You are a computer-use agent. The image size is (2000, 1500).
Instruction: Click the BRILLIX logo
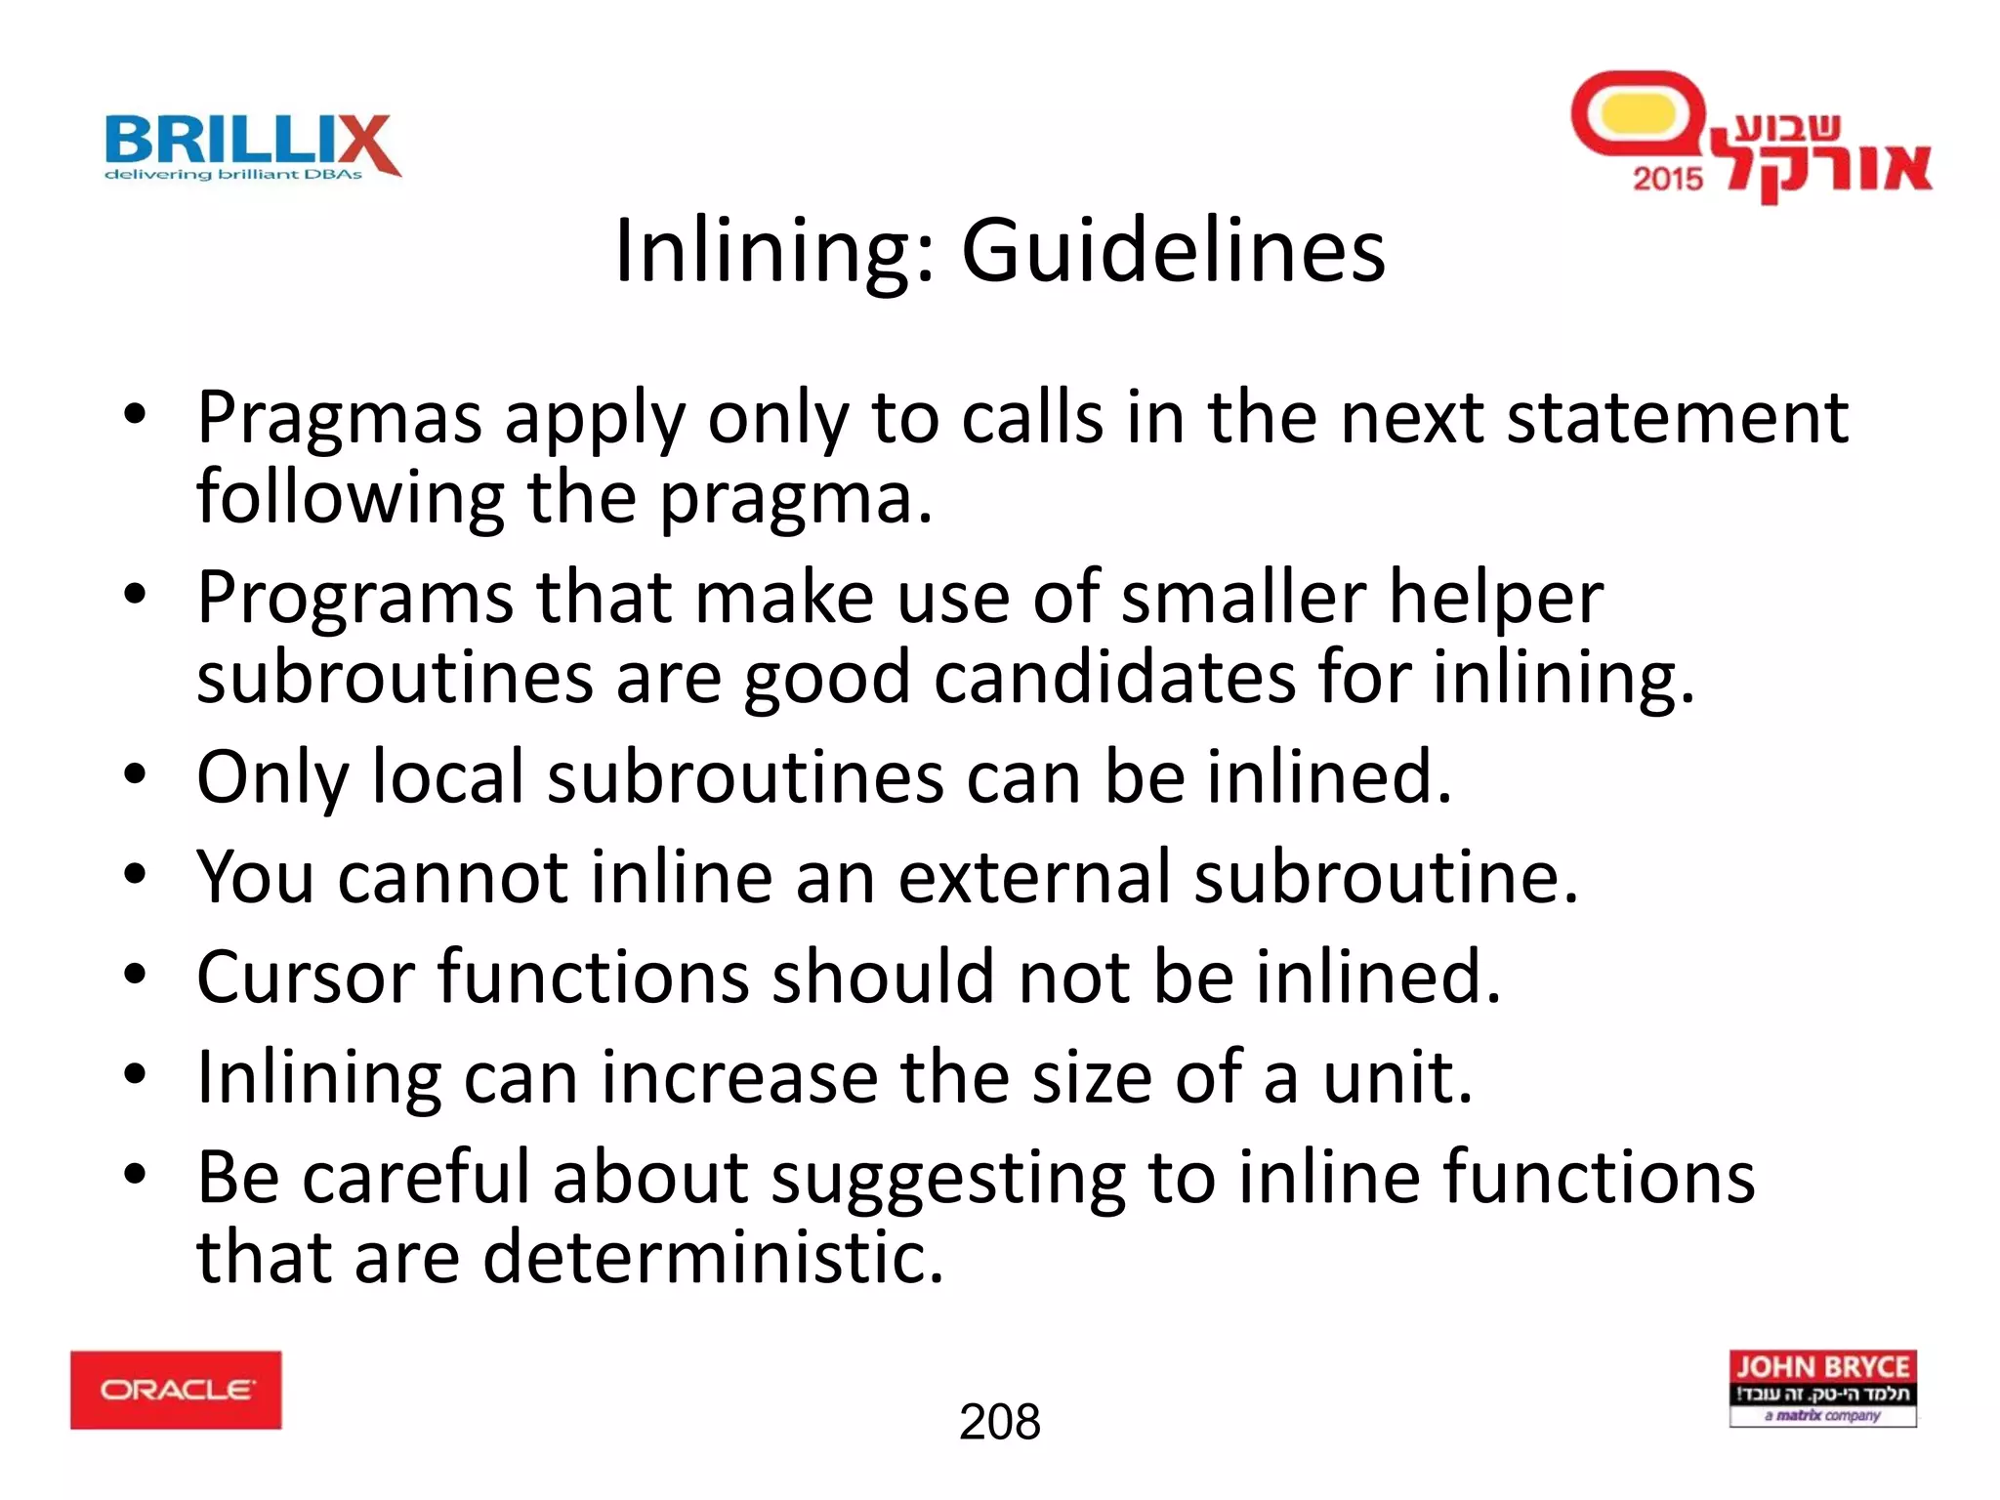tap(252, 147)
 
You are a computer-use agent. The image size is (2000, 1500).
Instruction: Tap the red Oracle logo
tap(176, 1390)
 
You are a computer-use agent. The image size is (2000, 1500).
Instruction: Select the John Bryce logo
tap(1822, 1389)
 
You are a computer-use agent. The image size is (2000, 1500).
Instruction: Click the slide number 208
tap(999, 1422)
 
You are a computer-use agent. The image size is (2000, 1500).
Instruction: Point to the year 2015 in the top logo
tap(1668, 179)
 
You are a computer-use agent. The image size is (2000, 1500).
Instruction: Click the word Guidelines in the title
tap(1173, 250)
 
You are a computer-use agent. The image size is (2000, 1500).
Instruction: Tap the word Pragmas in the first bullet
tap(340, 419)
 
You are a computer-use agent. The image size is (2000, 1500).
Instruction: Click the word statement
tap(1677, 419)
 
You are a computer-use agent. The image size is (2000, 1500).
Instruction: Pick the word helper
tap(1495, 598)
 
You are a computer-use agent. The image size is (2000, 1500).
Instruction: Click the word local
tap(449, 777)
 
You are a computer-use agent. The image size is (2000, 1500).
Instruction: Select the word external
tap(1034, 877)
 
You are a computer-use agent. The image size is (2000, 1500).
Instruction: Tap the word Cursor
tap(306, 977)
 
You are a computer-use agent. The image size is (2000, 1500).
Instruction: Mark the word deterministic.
tap(713, 1257)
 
